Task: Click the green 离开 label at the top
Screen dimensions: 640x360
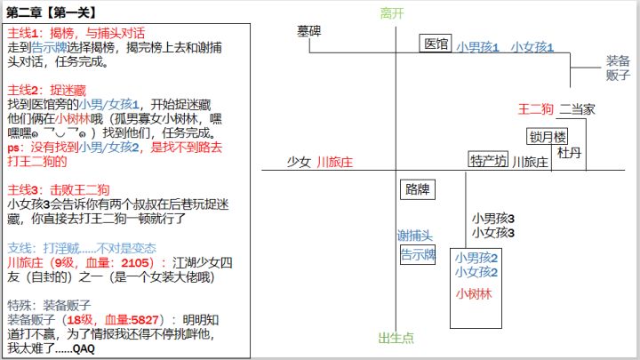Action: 392,13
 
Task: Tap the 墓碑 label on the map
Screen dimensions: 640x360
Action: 309,31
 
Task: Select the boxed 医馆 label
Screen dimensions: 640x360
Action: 436,44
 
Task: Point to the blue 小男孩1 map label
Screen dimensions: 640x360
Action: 477,47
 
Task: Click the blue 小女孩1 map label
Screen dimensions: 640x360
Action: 532,47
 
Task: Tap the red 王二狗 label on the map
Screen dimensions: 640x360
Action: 535,109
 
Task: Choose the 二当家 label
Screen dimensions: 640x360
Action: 577,109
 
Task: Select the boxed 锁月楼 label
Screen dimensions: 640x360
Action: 548,137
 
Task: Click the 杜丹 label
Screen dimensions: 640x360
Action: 569,153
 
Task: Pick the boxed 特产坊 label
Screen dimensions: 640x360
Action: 488,160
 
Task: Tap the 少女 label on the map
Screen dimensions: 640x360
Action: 299,162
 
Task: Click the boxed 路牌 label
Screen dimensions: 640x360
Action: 418,189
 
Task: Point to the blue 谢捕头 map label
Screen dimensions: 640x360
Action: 415,236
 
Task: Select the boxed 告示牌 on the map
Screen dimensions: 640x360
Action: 418,255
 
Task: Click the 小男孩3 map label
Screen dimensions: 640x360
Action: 493,219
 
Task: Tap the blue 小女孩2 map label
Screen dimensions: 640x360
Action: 476,272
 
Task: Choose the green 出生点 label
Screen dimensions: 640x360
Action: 396,338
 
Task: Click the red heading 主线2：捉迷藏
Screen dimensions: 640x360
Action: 46,90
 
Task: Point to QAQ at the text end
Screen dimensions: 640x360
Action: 84,349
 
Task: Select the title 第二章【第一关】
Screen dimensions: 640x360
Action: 52,12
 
